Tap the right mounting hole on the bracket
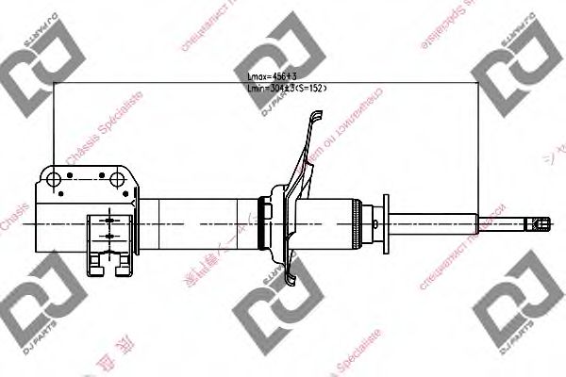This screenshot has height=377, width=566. click(118, 177)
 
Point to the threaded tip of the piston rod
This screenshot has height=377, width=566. click(538, 223)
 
